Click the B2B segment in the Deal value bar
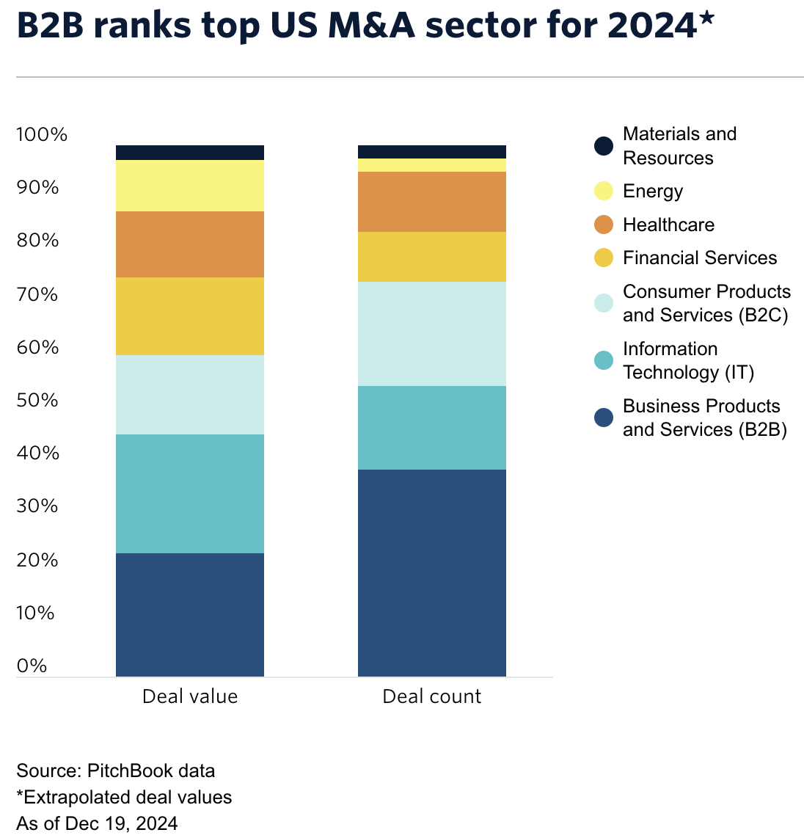coord(190,614)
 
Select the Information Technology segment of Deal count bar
coord(431,427)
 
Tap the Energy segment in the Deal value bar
coord(190,186)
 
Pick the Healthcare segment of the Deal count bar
coord(431,202)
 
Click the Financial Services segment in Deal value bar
coord(190,316)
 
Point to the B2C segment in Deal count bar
coord(431,334)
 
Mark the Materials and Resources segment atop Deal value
coord(190,153)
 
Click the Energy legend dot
coord(604,192)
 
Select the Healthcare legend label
coord(668,225)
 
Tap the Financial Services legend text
coord(700,258)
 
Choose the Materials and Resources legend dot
coord(604,145)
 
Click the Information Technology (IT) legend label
coord(688,360)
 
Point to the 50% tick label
coord(37,400)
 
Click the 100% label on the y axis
coord(41,134)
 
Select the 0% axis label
coord(32,666)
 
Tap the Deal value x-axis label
coord(190,696)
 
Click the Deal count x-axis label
coord(431,696)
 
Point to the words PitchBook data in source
coord(151,771)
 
